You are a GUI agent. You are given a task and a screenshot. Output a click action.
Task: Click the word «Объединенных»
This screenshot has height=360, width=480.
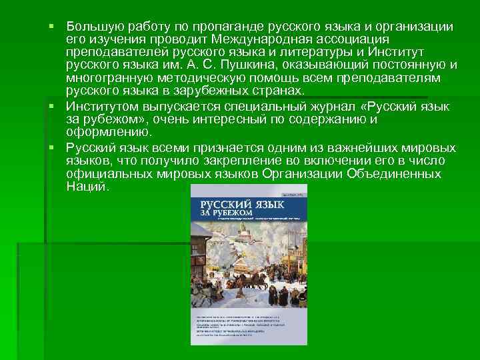click(397, 173)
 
